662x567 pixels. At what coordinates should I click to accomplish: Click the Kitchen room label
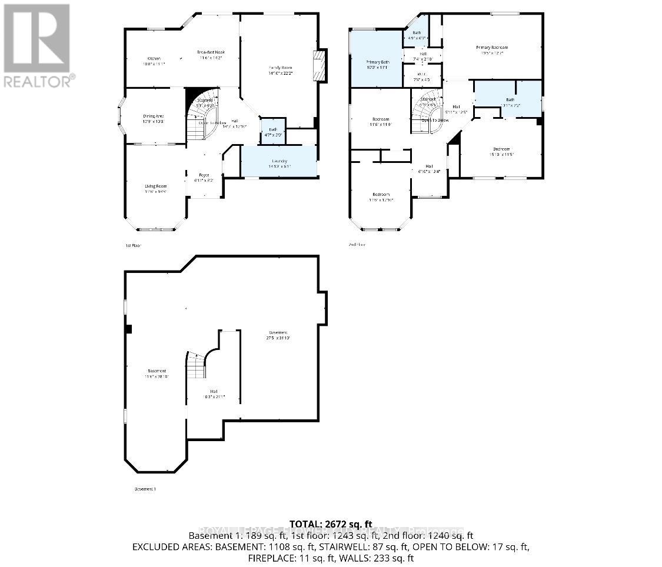click(154, 59)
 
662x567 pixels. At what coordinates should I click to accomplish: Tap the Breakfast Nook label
click(211, 53)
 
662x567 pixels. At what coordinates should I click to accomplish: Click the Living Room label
click(156, 186)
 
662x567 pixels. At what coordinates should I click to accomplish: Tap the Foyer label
click(204, 175)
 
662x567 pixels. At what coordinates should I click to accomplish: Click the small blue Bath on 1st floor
click(272, 132)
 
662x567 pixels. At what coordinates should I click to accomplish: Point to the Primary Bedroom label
click(491, 48)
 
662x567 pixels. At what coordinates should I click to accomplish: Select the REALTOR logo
click(38, 45)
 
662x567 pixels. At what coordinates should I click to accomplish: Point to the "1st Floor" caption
click(133, 245)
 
